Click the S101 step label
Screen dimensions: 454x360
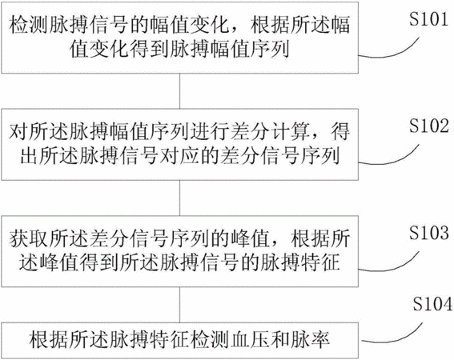428,19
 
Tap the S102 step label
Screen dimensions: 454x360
429,126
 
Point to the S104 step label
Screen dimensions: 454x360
432,304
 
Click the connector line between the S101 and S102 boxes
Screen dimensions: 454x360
180,91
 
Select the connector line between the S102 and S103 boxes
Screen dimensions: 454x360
180,198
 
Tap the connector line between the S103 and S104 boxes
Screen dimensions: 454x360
180,305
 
